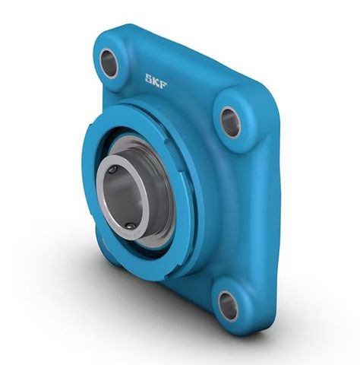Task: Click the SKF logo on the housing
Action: (158, 78)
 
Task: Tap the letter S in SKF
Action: (150, 77)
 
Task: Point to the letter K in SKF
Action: (158, 78)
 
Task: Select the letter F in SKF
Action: (166, 78)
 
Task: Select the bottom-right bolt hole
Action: (228, 304)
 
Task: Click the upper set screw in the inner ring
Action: (113, 170)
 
